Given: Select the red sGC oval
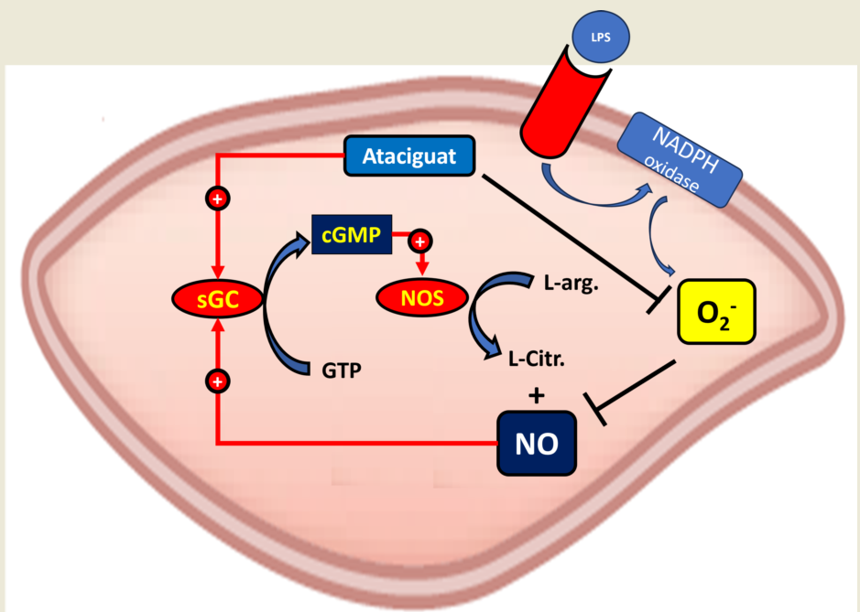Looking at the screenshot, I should tap(216, 296).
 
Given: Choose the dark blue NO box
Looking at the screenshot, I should tap(538, 444).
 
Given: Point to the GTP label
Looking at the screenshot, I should tap(341, 370).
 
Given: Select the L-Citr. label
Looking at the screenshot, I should tap(537, 358).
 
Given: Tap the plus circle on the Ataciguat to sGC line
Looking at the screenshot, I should tap(217, 199).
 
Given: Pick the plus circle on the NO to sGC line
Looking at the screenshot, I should tap(217, 379).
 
